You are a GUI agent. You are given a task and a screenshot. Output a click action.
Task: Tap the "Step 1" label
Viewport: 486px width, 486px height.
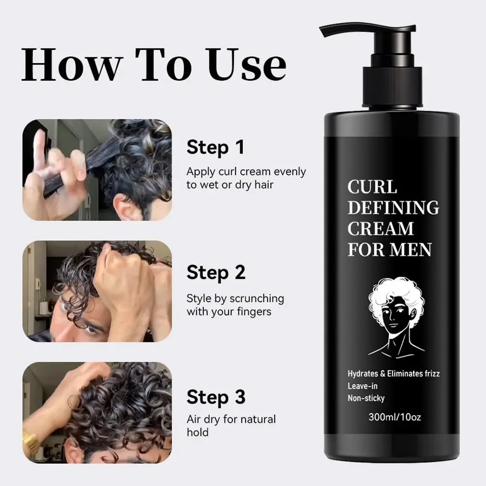pos(216,148)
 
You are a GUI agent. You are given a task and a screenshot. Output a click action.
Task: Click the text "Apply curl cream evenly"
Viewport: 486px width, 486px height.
pos(246,172)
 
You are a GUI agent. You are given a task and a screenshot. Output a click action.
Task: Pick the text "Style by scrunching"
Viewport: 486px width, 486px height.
pos(235,298)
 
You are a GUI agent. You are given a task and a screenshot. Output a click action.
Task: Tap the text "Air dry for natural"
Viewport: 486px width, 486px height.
pos(231,419)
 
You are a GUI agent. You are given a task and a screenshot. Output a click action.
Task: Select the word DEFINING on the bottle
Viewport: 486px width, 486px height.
pos(393,208)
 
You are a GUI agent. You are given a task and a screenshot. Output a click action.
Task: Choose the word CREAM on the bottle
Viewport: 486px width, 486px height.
pos(381,229)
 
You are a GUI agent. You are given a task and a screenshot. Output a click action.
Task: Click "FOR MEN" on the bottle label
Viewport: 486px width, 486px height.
pos(389,250)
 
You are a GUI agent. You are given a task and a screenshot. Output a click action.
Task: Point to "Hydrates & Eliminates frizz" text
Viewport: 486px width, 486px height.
pos(394,374)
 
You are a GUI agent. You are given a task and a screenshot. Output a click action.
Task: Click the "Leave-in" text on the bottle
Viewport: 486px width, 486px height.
pos(363,386)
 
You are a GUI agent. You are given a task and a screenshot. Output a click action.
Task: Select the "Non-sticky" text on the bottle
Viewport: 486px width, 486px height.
pos(366,398)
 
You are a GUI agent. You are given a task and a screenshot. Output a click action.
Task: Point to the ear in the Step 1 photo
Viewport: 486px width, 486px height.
pos(123,210)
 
